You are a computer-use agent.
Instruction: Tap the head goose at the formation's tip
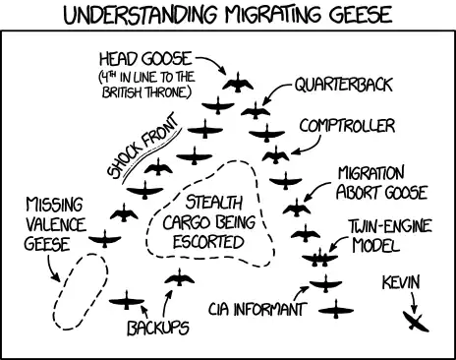[x=236, y=85]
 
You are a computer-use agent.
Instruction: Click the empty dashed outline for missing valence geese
[x=76, y=292]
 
